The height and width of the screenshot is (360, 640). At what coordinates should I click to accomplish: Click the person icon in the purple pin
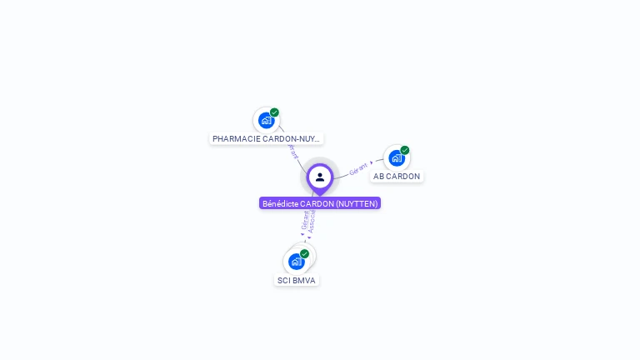(320, 177)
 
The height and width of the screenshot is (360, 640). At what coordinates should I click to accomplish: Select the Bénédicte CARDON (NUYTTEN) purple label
(320, 203)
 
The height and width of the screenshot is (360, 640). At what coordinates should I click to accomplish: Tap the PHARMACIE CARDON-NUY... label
(267, 139)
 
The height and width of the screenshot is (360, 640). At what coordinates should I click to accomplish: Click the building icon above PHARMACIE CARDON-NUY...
(266, 120)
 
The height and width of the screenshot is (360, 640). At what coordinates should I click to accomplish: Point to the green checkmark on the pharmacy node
(274, 112)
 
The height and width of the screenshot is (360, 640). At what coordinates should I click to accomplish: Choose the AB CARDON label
(397, 177)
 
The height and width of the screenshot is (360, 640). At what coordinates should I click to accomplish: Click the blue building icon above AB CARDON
(396, 157)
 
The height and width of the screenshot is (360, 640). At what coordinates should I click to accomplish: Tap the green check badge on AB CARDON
(405, 151)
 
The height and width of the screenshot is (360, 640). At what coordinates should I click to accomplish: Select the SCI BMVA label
(297, 281)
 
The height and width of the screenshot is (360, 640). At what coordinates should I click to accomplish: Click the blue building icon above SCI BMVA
(296, 262)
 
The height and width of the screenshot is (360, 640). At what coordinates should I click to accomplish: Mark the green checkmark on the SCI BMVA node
(305, 253)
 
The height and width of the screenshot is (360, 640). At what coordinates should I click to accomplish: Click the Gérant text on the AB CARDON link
(358, 168)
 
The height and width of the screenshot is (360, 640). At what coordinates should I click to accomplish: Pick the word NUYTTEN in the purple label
(357, 203)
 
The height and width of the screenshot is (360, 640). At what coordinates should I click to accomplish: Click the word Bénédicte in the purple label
(280, 203)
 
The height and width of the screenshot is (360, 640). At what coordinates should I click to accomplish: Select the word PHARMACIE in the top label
(237, 139)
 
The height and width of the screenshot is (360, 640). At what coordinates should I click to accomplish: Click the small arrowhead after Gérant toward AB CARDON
(372, 163)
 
